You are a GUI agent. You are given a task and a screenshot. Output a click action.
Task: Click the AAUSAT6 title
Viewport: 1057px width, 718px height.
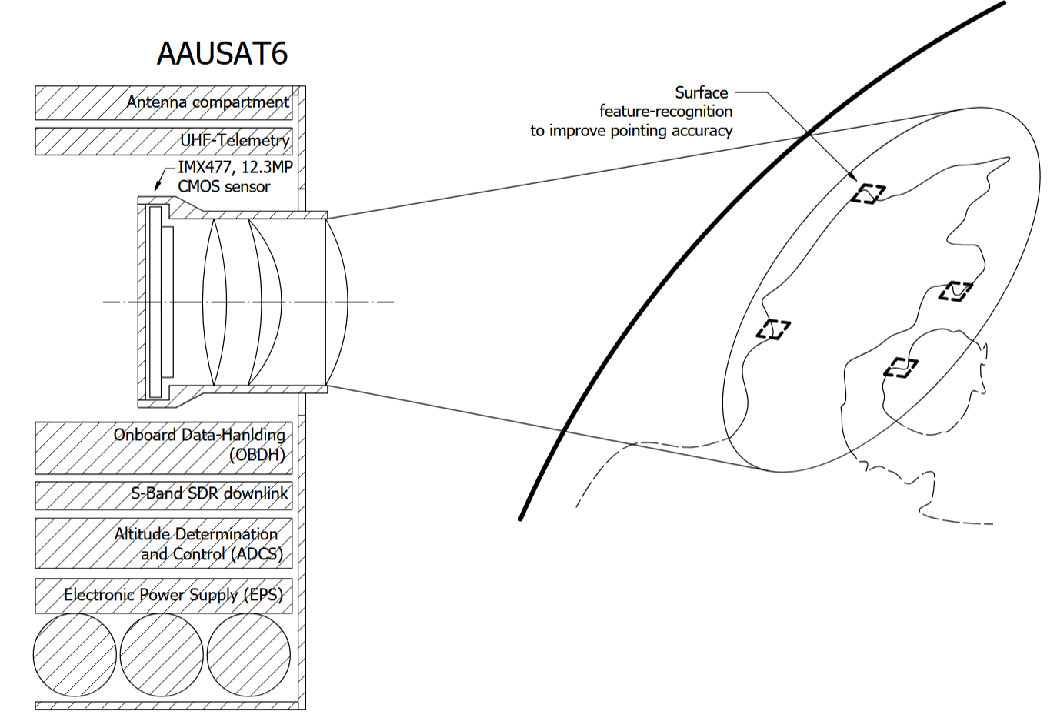point(222,53)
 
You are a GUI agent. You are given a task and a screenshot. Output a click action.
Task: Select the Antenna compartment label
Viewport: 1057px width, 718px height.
point(208,102)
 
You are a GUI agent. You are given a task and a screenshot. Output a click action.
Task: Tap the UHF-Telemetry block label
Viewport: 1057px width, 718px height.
point(235,141)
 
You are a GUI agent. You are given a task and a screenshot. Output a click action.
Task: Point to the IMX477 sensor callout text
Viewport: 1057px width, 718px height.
point(235,177)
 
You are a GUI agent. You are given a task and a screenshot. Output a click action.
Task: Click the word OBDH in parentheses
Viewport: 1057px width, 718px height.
point(257,455)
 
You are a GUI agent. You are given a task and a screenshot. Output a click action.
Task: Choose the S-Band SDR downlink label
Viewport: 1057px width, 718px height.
point(209,493)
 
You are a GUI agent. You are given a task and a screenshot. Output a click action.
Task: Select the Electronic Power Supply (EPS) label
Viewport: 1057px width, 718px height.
point(173,595)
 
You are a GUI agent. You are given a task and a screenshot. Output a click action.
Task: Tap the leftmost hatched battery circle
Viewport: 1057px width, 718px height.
point(75,655)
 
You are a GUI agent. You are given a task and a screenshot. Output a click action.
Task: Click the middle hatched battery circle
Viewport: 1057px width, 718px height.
point(162,655)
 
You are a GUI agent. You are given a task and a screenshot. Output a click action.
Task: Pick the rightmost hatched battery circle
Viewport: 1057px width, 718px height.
point(248,655)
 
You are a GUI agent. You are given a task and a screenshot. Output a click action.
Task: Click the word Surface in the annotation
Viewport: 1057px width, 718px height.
point(702,92)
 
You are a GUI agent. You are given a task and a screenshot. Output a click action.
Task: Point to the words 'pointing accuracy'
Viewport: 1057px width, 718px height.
point(672,131)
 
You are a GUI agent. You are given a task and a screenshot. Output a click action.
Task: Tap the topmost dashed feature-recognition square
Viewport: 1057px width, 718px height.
point(869,193)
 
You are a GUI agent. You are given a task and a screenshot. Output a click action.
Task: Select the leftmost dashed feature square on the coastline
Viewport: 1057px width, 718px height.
point(773,329)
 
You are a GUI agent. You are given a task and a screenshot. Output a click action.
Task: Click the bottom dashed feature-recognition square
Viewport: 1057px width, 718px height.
point(901,368)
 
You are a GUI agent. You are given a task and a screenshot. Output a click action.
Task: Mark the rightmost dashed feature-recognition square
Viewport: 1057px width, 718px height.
point(955,291)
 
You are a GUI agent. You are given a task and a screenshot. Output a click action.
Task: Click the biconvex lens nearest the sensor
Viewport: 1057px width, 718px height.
point(214,302)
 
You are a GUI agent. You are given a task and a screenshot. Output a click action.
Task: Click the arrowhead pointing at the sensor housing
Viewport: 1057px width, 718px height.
point(157,188)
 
